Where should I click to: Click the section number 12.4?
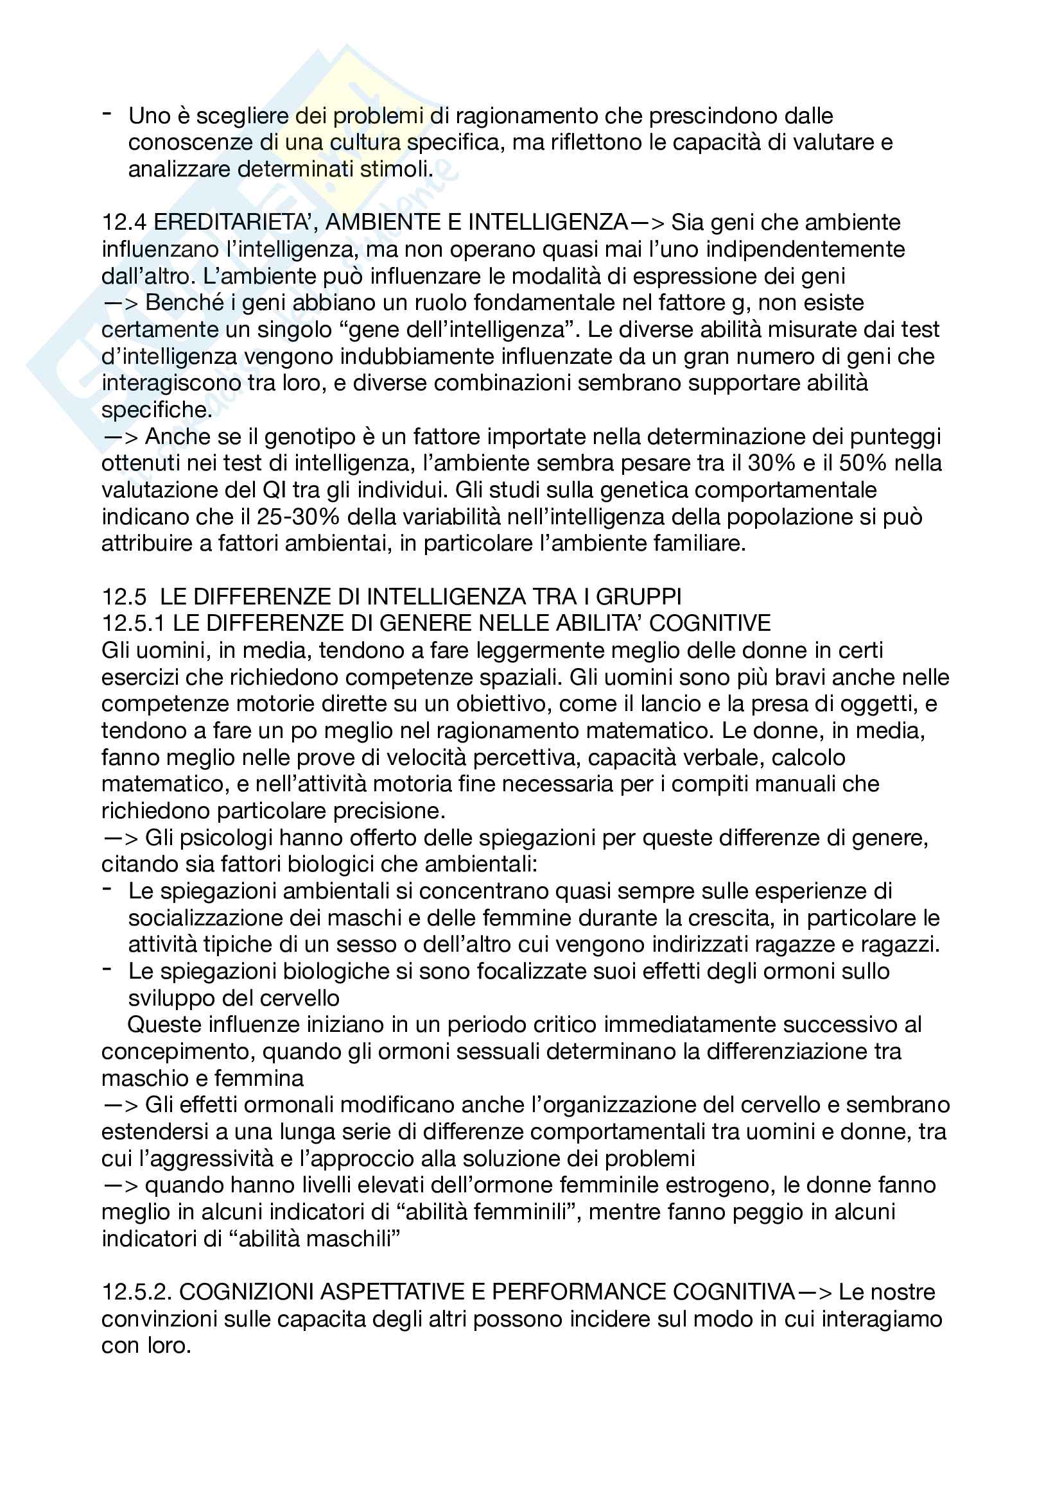coord(125,222)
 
